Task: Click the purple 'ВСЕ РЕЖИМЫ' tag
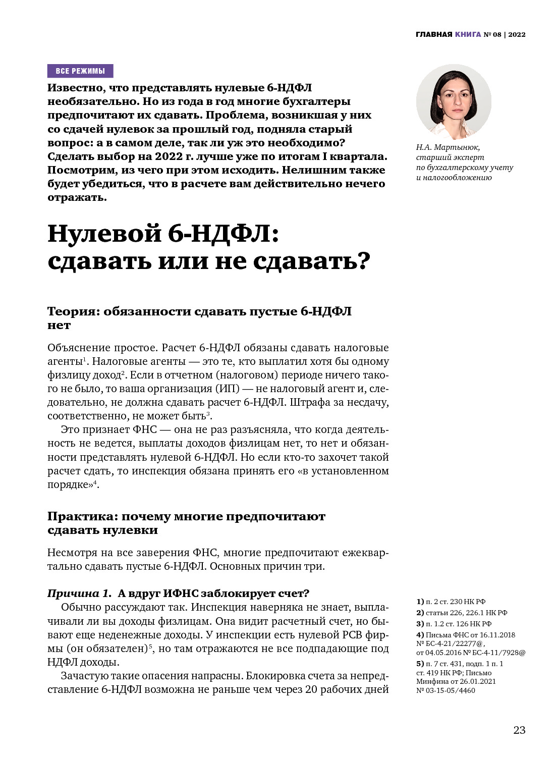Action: [80, 71]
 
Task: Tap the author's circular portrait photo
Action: [454, 102]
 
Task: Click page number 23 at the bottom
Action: [519, 730]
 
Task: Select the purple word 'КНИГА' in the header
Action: [468, 35]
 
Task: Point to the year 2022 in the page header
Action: [517, 35]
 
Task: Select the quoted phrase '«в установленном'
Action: [343, 471]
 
